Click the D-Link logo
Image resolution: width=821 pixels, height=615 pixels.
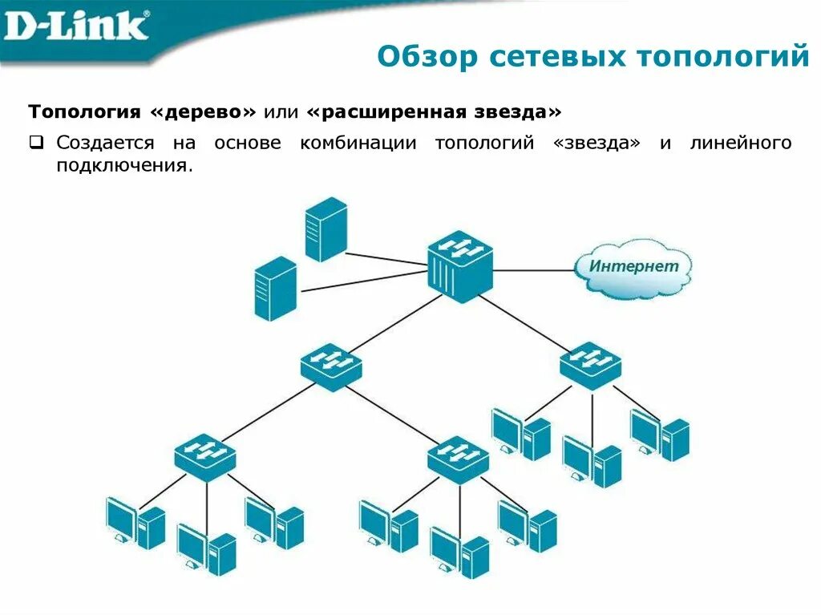tap(76, 26)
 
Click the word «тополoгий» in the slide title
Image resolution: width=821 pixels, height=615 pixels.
tap(722, 57)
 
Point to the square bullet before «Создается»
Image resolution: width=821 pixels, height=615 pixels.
tap(36, 144)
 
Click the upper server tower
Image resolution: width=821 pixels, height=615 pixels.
tap(326, 229)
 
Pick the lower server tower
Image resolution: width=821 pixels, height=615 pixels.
tap(275, 289)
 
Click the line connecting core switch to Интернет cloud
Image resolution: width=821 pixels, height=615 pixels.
tap(533, 270)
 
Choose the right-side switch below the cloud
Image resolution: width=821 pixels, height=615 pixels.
tap(590, 365)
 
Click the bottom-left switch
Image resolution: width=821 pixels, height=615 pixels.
tap(205, 456)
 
